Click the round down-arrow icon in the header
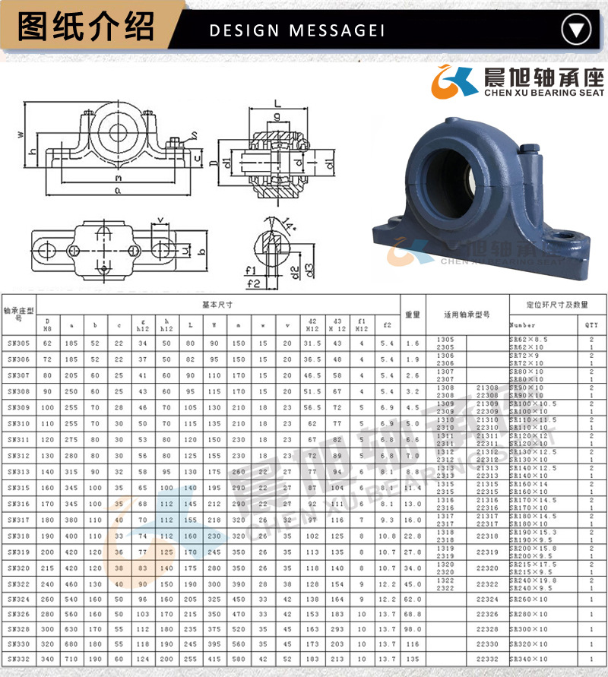[x=576, y=30]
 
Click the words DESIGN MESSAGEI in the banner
[x=296, y=30]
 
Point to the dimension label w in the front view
[x=21, y=134]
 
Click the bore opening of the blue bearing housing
[x=448, y=164]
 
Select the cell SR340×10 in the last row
[x=529, y=658]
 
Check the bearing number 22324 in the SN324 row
[x=487, y=599]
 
